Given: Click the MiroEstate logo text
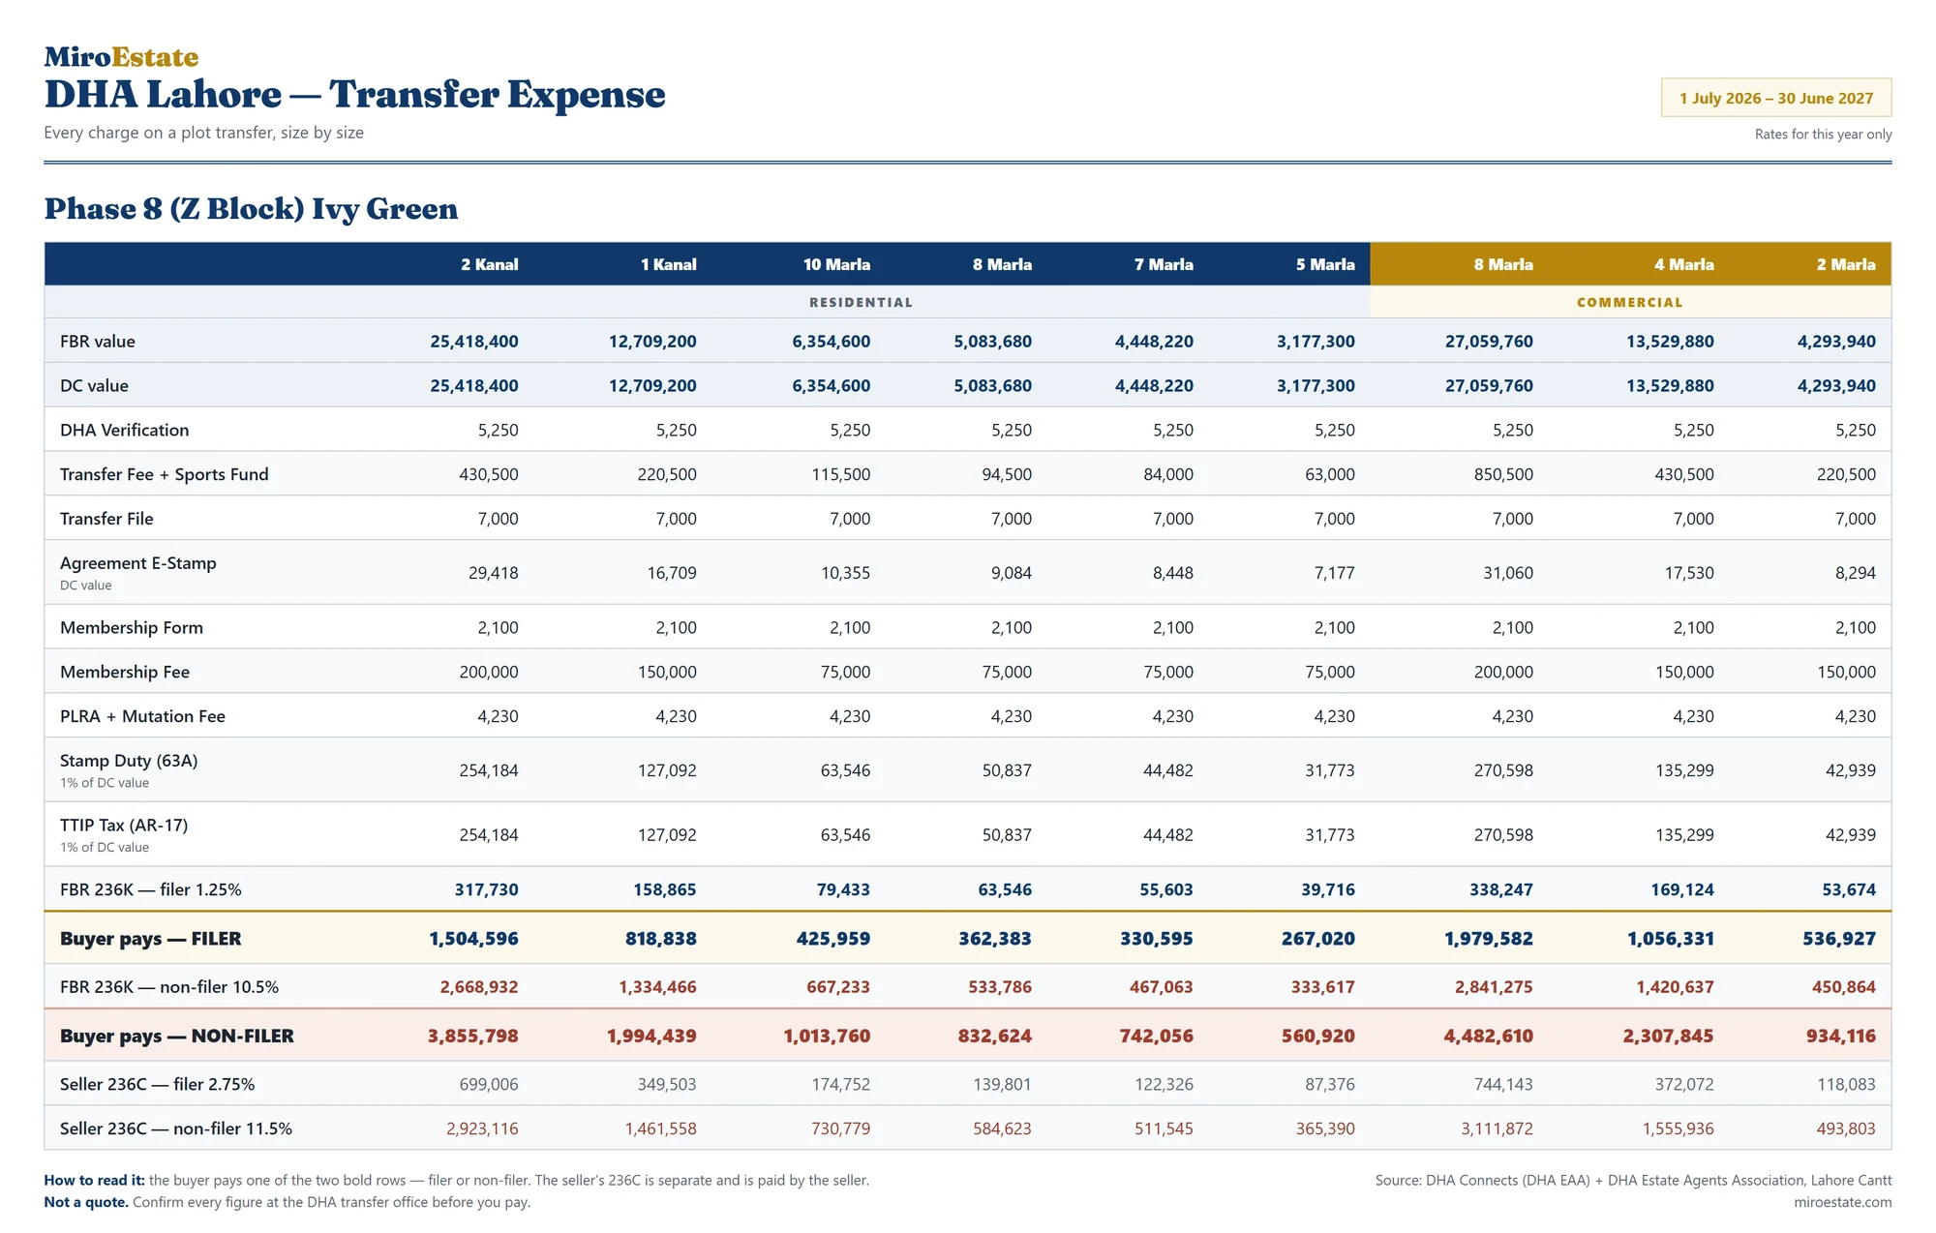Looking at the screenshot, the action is [x=121, y=57].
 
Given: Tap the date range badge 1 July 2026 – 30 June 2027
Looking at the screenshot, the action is [x=1776, y=98].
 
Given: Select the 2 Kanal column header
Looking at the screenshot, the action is [x=489, y=264].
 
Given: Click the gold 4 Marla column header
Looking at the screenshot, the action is [x=1683, y=264].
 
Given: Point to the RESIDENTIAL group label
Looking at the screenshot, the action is [x=861, y=302].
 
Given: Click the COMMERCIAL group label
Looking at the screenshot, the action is [x=1629, y=302].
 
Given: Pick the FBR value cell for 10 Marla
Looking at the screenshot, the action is [x=831, y=341].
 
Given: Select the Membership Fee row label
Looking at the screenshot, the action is [x=125, y=672].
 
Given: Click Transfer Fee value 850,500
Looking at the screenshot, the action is [x=1503, y=474].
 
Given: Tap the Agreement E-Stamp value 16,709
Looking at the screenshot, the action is [x=672, y=573].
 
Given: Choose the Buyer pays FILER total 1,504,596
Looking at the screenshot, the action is [x=473, y=939].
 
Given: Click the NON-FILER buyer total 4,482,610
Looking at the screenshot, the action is [x=1488, y=1036].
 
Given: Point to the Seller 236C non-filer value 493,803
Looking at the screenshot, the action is [x=1845, y=1128].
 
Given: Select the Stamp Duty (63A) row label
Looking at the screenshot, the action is [x=129, y=761].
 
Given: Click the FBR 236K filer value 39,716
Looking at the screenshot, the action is [x=1327, y=889].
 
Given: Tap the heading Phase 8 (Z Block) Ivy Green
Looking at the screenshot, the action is [x=251, y=209].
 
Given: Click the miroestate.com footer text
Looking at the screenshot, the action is [x=1842, y=1202].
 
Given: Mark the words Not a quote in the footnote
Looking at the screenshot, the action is [x=86, y=1202].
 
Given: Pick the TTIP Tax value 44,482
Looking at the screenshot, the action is [x=1167, y=834].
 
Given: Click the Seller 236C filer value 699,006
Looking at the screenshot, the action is [x=489, y=1084].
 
